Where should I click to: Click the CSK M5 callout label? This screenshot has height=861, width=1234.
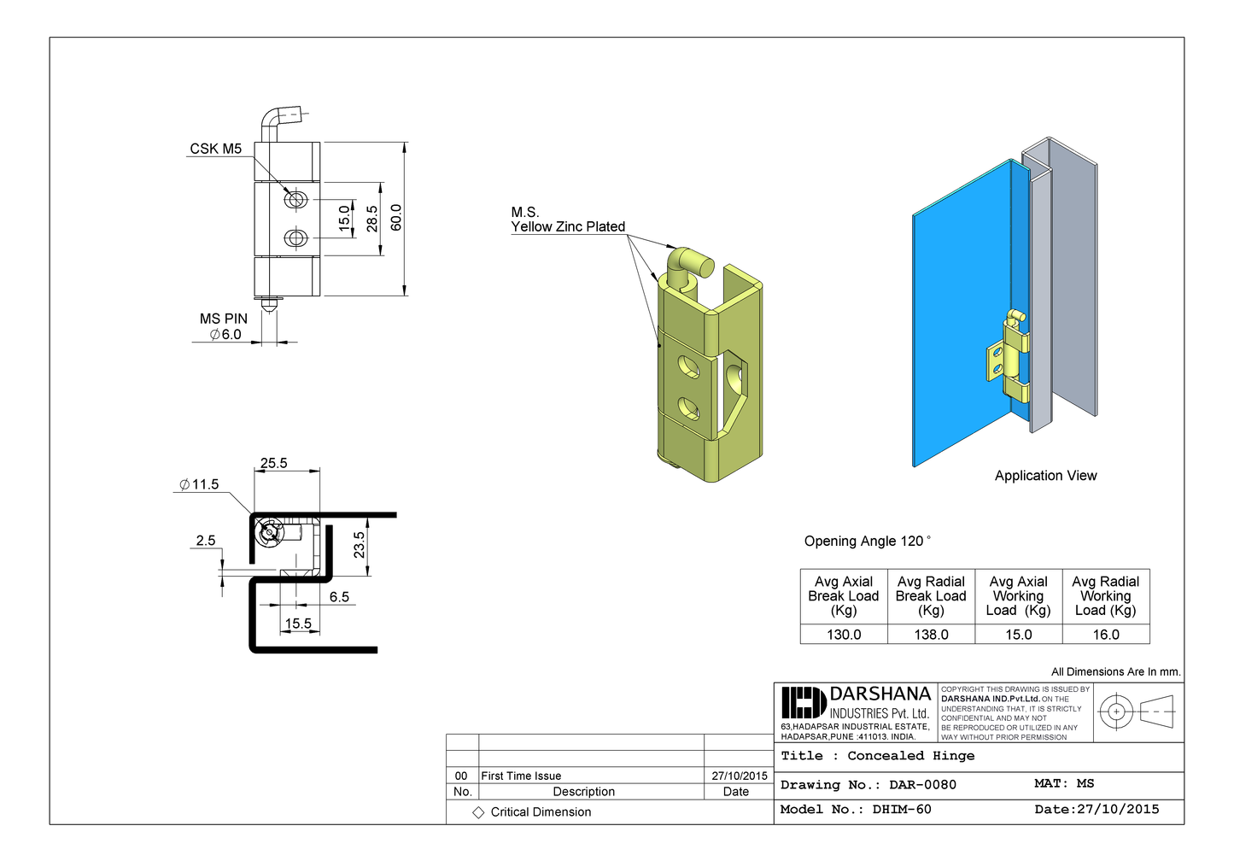tap(215, 149)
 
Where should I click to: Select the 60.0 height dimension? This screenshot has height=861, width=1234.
tap(395, 218)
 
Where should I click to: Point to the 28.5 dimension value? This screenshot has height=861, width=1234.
tap(371, 219)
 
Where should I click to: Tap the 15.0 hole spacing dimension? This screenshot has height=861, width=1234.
tap(345, 218)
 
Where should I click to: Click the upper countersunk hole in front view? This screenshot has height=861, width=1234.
tap(295, 199)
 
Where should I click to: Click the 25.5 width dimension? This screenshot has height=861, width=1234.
tap(273, 463)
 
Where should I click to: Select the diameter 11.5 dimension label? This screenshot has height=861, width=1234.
tap(199, 484)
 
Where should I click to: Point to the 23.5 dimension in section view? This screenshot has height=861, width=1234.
tap(359, 545)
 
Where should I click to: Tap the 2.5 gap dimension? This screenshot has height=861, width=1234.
tap(205, 540)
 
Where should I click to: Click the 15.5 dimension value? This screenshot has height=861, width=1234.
tap(298, 624)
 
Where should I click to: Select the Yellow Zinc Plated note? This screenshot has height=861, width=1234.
tap(568, 226)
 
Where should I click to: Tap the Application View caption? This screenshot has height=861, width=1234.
tap(1045, 476)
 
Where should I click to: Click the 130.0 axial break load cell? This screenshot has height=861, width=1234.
tap(844, 635)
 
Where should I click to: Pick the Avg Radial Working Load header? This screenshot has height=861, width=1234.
tap(1105, 595)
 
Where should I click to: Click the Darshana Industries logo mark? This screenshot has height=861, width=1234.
tap(803, 703)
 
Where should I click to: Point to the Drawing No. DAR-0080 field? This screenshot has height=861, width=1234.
tap(868, 784)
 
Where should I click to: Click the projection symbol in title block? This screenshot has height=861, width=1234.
tap(1137, 712)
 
